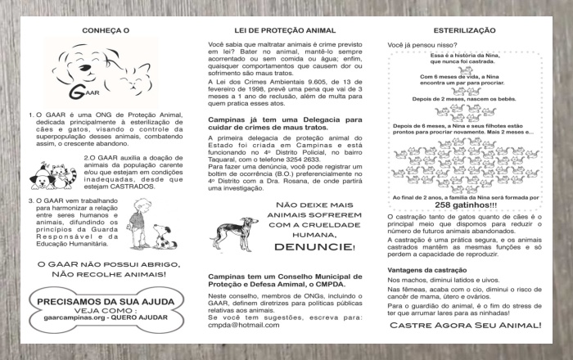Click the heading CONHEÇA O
106,30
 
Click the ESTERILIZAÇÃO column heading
464,30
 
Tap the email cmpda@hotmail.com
245,325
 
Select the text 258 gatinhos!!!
464,205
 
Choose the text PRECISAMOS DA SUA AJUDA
102,302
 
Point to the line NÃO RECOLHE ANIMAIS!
102,274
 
